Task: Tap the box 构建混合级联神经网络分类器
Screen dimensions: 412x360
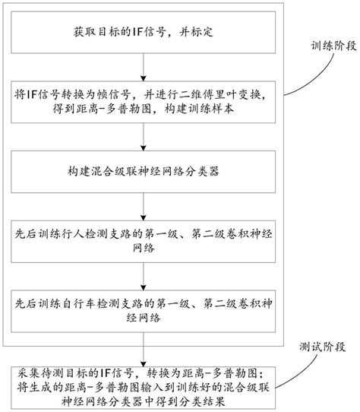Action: tap(143, 173)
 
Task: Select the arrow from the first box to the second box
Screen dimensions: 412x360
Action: tap(143, 71)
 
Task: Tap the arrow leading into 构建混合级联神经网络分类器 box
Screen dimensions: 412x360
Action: tap(143, 139)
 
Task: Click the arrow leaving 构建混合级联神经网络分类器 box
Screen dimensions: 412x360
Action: tap(143, 206)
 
